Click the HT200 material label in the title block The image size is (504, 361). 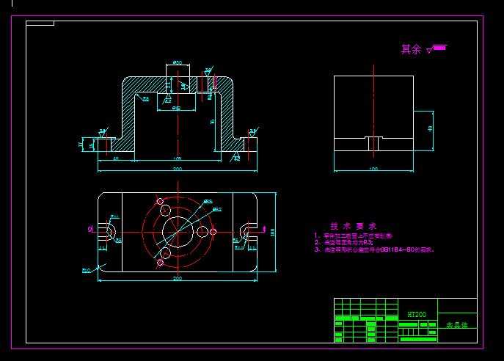point(416,315)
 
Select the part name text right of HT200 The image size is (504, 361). point(456,324)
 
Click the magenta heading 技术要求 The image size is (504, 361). point(353,226)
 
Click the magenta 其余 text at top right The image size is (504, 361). point(411,50)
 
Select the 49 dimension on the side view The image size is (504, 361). point(430,129)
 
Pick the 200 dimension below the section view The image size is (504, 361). point(178,169)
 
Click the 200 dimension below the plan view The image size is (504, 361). point(178,279)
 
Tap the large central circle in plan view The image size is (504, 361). point(178,231)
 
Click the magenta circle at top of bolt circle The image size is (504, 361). point(161,201)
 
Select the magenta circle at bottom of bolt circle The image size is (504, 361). point(161,262)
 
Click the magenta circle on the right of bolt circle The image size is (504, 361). point(213,232)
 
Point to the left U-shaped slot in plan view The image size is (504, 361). point(109,232)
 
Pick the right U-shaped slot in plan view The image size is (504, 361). point(246,231)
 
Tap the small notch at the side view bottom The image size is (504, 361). point(373,142)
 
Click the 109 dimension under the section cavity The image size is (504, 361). point(178,158)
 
